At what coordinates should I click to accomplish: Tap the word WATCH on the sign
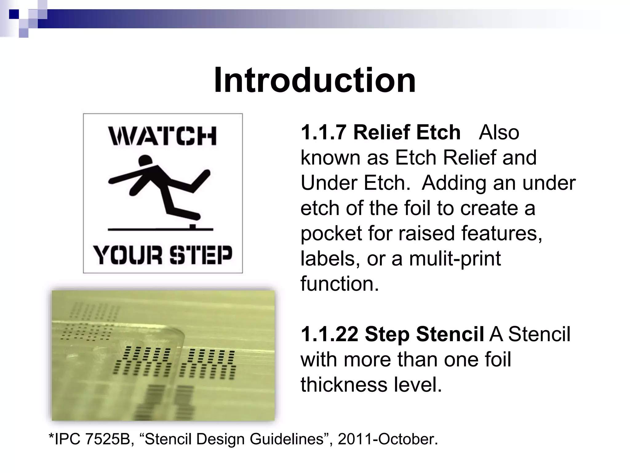[x=162, y=136]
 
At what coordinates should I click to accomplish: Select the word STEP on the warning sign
[x=201, y=255]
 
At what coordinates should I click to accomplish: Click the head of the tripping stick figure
[x=145, y=161]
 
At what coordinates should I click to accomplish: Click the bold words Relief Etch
[x=407, y=132]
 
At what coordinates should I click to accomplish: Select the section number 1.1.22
[x=329, y=334]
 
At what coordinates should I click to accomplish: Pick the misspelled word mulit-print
[x=455, y=258]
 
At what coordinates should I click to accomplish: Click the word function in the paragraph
[x=340, y=284]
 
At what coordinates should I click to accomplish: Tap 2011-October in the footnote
[x=388, y=439]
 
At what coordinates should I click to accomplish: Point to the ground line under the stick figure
[x=160, y=229]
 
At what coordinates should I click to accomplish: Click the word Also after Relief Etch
[x=499, y=132]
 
